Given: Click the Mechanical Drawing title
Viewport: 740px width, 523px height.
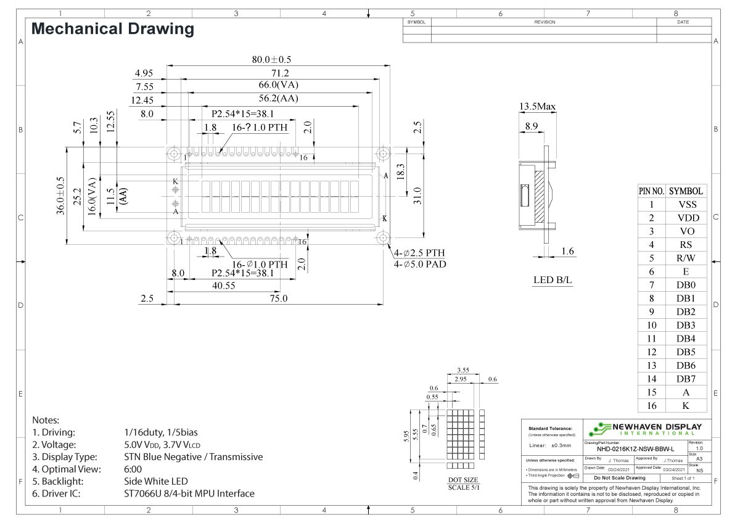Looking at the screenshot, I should [112, 29].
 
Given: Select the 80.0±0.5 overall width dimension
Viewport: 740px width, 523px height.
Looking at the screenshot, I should [271, 60].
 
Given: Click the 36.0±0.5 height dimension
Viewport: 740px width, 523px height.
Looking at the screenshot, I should [60, 196].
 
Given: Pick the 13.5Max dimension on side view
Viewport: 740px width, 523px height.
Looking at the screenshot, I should [537, 107].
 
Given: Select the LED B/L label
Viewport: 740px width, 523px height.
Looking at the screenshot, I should [553, 281].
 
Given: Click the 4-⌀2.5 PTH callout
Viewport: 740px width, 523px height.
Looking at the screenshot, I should [419, 253].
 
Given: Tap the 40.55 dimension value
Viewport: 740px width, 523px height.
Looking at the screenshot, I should [223, 286].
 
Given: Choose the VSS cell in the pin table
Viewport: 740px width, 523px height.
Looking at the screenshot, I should [686, 205].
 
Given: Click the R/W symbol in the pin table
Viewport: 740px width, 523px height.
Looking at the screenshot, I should [686, 258].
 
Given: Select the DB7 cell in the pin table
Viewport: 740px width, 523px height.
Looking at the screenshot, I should [686, 379].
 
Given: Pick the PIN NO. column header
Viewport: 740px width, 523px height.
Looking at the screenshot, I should [651, 191].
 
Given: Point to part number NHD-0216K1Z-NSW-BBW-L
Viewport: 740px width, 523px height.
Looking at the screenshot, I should [635, 449].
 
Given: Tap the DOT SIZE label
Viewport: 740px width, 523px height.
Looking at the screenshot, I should [462, 480].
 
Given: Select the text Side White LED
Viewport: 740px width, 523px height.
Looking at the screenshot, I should [156, 481].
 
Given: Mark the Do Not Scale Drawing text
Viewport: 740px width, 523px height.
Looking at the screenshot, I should [619, 478].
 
